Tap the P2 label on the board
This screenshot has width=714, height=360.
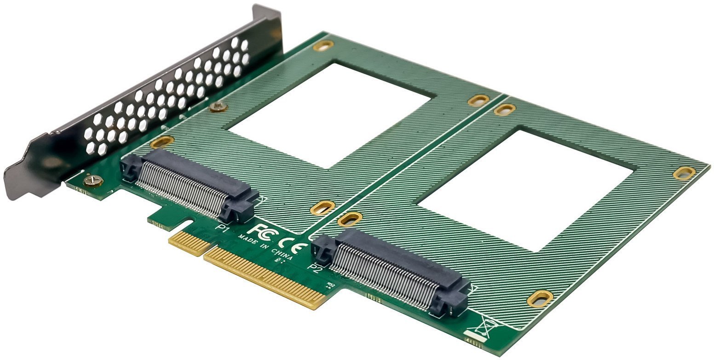tap(316, 267)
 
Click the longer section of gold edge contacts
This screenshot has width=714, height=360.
tap(265, 276)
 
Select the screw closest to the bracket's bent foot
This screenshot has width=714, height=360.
tap(93, 181)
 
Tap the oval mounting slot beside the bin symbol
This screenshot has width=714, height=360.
tap(540, 298)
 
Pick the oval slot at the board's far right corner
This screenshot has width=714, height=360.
tap(684, 173)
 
